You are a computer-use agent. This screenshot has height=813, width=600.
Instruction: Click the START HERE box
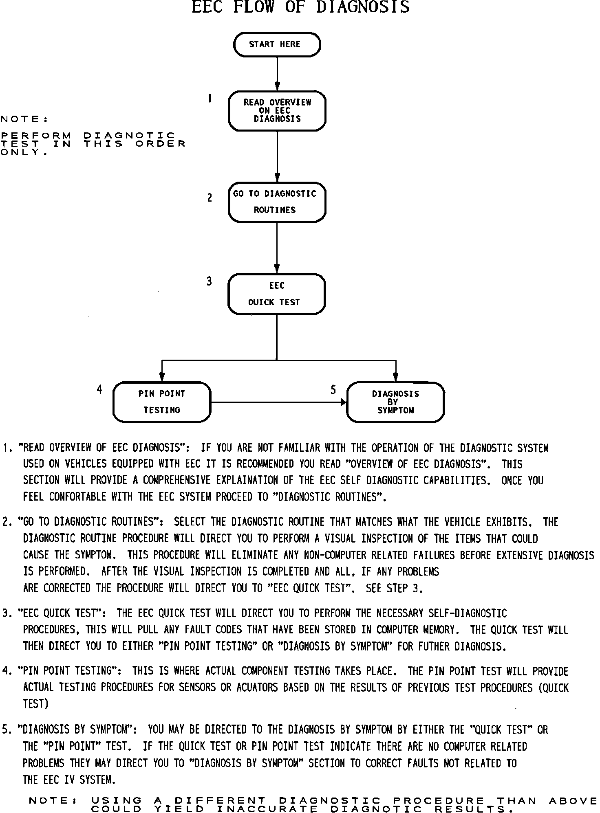click(x=277, y=44)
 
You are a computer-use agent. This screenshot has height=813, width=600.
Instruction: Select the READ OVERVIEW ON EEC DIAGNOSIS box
click(x=277, y=111)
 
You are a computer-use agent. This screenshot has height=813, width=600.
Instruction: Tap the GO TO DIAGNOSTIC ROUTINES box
click(x=277, y=202)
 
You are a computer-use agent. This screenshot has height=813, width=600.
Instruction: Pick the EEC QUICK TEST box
click(x=277, y=294)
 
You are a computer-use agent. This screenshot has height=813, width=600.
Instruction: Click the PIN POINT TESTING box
click(x=162, y=402)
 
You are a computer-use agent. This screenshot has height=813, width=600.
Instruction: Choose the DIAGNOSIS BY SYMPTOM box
click(x=395, y=402)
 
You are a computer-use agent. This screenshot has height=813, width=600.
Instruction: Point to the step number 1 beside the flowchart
click(x=210, y=98)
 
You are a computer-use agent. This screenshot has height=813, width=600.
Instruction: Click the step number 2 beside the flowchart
click(x=210, y=198)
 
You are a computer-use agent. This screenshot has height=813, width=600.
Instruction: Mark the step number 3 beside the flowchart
click(x=209, y=281)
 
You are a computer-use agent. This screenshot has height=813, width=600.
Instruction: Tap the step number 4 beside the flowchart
click(x=99, y=390)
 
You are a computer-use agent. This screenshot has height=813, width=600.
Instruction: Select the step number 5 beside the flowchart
click(x=333, y=390)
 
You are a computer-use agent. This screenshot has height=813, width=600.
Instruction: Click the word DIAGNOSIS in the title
click(x=363, y=7)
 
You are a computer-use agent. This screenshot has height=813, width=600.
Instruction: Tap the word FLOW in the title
click(x=254, y=7)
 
